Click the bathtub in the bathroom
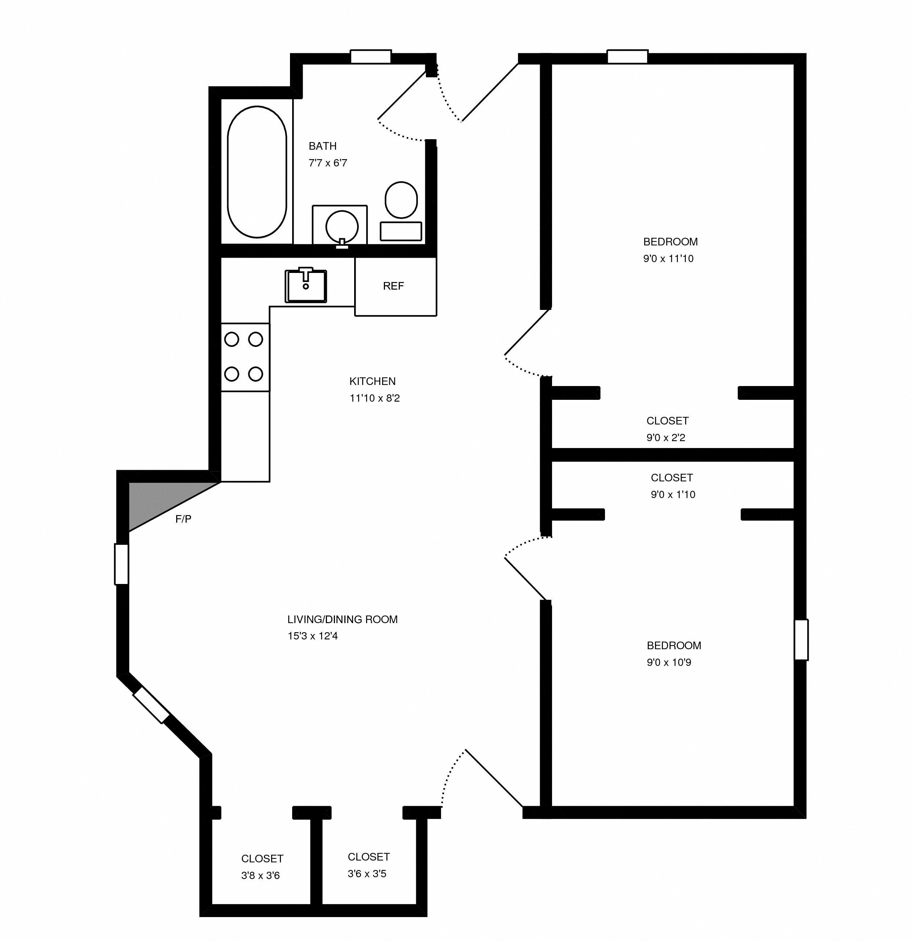click(257, 172)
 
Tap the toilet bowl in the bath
click(401, 200)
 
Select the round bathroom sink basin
click(342, 227)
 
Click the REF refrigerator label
click(393, 286)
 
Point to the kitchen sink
click(306, 286)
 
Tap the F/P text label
click(183, 519)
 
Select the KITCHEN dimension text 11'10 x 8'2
click(374, 398)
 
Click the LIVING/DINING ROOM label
click(342, 619)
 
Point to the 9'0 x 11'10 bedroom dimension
click(668, 259)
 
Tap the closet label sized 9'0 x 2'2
click(667, 421)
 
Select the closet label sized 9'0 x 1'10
click(672, 478)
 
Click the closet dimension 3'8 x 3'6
click(260, 876)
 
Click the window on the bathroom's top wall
click(370, 57)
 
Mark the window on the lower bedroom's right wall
click(801, 640)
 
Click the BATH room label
click(322, 146)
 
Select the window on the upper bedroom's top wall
click(627, 57)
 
